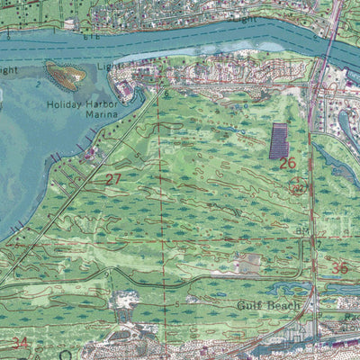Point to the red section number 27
(113, 179)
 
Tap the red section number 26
(287, 163)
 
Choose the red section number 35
(339, 268)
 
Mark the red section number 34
(20, 342)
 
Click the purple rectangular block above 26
(279, 140)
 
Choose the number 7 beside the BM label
(318, 244)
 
